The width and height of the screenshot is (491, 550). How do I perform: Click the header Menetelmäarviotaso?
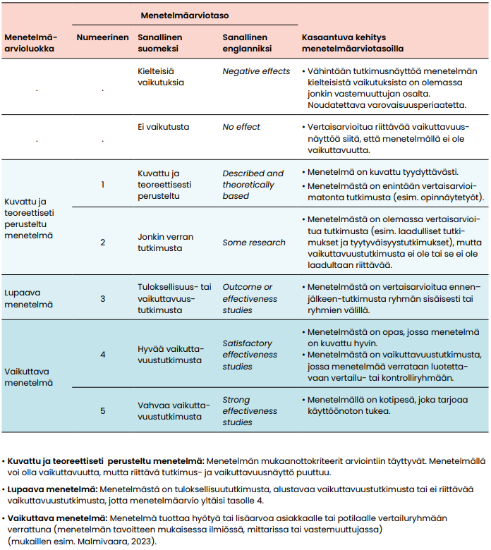184,14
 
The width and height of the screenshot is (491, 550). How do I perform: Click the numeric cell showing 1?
102,184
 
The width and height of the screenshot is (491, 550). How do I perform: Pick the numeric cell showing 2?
102,242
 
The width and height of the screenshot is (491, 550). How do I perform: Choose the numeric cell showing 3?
102,298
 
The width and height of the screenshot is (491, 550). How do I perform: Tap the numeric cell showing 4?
102,354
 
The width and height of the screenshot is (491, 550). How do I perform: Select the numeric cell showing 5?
102,410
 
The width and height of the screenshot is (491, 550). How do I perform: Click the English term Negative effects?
256,71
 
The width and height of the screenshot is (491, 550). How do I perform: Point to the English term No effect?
241,127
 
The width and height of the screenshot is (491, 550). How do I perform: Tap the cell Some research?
254,242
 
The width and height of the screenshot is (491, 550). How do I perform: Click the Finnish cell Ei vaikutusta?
163,127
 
